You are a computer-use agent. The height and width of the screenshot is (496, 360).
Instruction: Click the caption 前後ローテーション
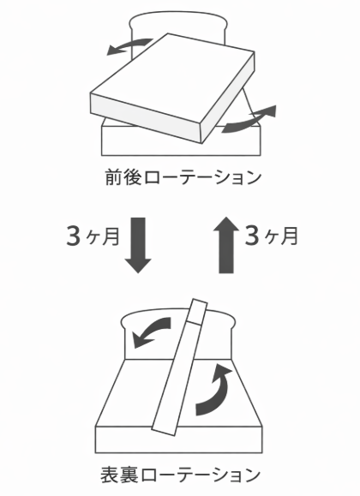(x=183, y=177)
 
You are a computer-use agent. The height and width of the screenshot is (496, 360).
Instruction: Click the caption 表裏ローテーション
(x=181, y=475)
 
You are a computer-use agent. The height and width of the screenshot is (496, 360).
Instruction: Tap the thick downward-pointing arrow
(x=138, y=245)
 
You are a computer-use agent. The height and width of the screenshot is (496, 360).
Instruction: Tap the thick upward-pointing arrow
(x=226, y=245)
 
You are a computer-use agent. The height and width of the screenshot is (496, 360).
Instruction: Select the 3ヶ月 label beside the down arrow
(x=93, y=236)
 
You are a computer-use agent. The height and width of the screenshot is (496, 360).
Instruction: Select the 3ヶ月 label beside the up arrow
(x=272, y=236)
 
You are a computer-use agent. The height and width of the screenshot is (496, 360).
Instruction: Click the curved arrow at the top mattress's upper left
(x=129, y=46)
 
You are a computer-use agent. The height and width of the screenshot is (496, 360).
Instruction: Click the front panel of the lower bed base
(x=179, y=440)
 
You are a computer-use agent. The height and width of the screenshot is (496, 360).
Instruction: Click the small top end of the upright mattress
(x=197, y=311)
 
